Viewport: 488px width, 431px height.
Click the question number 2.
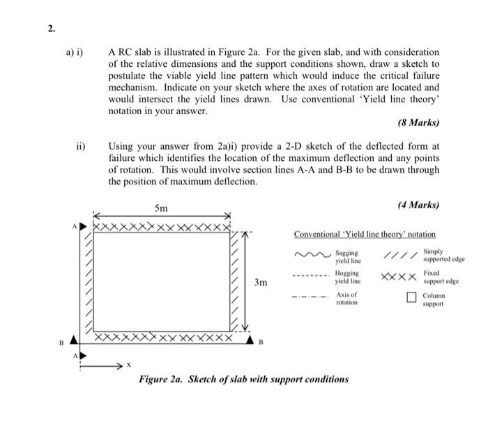click(x=51, y=28)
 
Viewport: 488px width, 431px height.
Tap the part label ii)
click(x=81, y=147)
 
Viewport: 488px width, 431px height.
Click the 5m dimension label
click(x=161, y=208)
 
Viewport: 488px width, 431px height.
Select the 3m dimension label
click(x=261, y=283)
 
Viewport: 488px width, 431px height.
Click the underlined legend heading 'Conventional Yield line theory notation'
click(x=365, y=234)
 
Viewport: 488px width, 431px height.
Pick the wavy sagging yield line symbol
click(x=312, y=256)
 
